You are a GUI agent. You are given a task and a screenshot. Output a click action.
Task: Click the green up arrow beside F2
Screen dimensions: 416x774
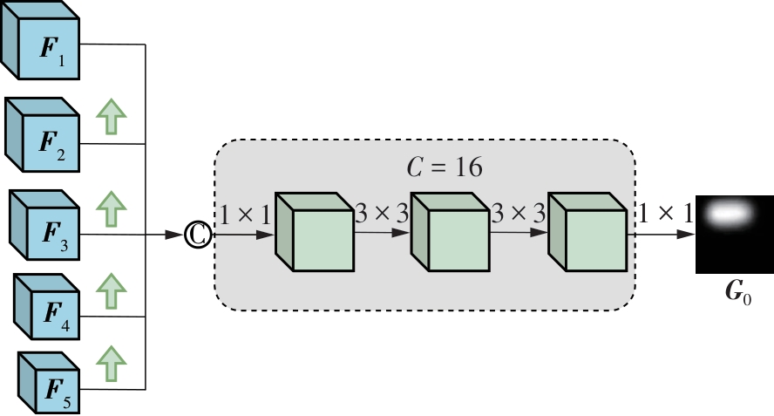coord(110,116)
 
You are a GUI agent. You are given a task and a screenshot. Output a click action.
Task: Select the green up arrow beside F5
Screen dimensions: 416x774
coord(110,362)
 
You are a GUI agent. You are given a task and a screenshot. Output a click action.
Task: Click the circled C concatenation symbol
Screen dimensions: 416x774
coord(198,235)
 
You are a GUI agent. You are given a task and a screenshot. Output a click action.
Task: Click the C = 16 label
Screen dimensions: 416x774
coord(445,167)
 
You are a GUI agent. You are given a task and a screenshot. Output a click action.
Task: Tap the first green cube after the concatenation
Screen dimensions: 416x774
coord(315,232)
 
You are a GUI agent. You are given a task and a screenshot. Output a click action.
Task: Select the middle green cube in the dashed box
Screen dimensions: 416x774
coord(449,232)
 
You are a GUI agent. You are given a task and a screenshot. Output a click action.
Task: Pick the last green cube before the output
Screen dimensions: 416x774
coord(587,232)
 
